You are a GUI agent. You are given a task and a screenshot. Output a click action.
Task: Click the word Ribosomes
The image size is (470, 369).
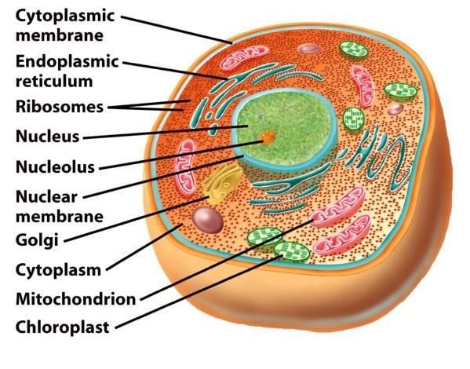tap(60, 107)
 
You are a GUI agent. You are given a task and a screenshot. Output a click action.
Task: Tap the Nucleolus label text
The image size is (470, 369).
tap(55, 166)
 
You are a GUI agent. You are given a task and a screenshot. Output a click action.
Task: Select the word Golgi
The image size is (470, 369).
tap(37, 240)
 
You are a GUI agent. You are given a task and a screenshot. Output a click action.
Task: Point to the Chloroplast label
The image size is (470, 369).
tap(62, 327)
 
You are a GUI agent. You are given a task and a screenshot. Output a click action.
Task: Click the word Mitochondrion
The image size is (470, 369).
tap(76, 299)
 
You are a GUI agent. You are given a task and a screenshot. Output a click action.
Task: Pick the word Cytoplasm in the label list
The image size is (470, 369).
tap(58, 270)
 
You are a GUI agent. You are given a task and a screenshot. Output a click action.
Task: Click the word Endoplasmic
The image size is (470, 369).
tap(67, 62)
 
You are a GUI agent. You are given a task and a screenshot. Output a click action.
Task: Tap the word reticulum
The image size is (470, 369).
tap(54, 81)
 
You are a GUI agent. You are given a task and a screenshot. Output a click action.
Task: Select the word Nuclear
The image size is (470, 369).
tap(46, 197)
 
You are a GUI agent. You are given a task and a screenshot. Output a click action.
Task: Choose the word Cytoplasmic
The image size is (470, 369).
tap(65, 16)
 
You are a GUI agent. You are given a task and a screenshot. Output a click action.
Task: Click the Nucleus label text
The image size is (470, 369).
tap(47, 137)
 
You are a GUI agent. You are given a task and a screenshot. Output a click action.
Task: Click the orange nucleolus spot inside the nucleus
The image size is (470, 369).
tap(268, 137)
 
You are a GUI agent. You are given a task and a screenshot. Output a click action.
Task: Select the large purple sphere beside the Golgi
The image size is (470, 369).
tap(207, 220)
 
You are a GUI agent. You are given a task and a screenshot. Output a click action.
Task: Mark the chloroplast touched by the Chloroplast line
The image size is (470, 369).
tap(292, 251)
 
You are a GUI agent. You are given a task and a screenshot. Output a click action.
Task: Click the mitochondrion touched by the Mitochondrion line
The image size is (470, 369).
tap(337, 206)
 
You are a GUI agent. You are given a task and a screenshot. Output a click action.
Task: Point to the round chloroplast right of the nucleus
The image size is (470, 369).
tap(353, 119)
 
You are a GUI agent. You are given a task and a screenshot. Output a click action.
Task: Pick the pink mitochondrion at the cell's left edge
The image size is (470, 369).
tap(185, 168)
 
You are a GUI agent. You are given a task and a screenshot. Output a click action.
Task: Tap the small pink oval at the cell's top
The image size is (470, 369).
tap(309, 49)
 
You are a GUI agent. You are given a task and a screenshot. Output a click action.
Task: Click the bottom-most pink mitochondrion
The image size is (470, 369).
tap(341, 236)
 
